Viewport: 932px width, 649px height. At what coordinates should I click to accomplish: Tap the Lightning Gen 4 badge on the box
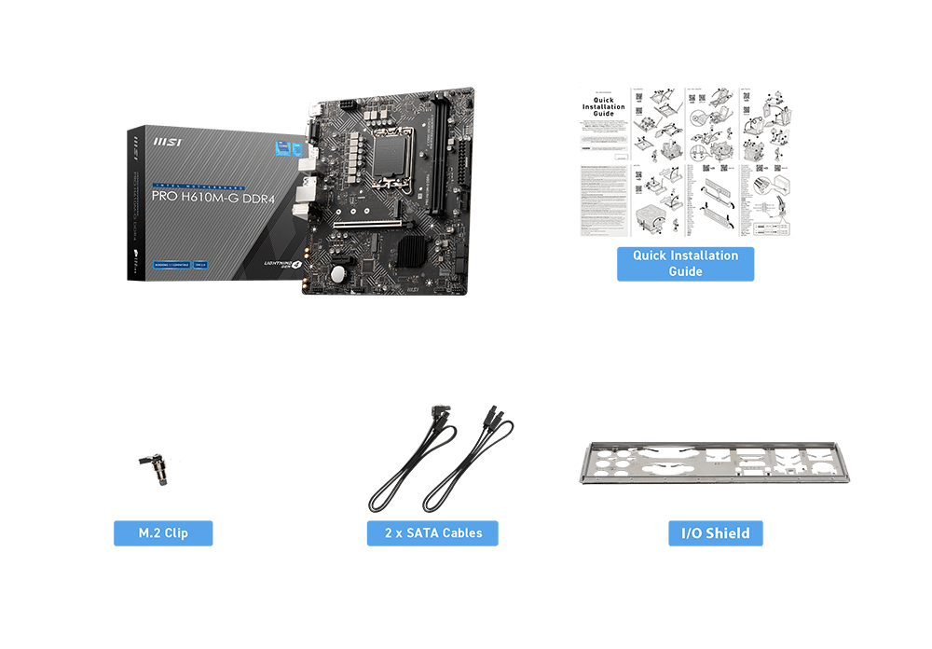pyautogui.click(x=283, y=265)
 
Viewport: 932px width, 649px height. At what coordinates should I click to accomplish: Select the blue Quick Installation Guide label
pyautogui.click(x=685, y=264)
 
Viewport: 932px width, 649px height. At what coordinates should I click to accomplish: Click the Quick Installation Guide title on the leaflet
pyautogui.click(x=604, y=106)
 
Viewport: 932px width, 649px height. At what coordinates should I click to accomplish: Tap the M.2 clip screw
pyautogui.click(x=156, y=466)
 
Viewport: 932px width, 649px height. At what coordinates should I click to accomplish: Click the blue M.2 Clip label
pyautogui.click(x=163, y=533)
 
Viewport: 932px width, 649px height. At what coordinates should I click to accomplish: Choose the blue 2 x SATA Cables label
pyautogui.click(x=432, y=533)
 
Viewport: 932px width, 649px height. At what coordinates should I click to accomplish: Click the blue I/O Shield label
pyautogui.click(x=716, y=533)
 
